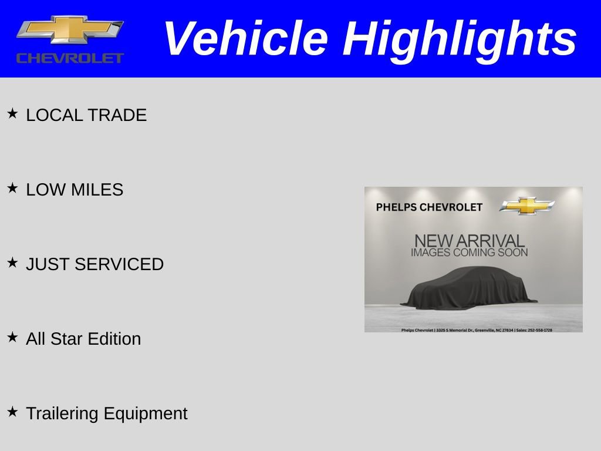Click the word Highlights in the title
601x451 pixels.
[x=460, y=40]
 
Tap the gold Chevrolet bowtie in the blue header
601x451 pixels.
[x=70, y=29]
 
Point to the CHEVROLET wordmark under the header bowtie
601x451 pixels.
[x=70, y=58]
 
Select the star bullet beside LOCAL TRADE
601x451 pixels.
[x=12, y=113]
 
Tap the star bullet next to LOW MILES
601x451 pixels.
[x=12, y=188]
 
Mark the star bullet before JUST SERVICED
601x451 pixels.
[x=12, y=262]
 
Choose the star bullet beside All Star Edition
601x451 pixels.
[x=12, y=337]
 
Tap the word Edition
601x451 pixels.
[x=114, y=339]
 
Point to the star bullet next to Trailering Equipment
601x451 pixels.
[x=12, y=412]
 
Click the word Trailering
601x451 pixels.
[x=63, y=413]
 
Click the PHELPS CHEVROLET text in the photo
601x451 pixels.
[x=429, y=207]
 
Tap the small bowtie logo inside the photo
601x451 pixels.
[x=527, y=206]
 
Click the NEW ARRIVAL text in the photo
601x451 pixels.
[x=469, y=241]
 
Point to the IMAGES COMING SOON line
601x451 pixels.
[x=469, y=253]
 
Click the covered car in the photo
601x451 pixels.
[x=470, y=288]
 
